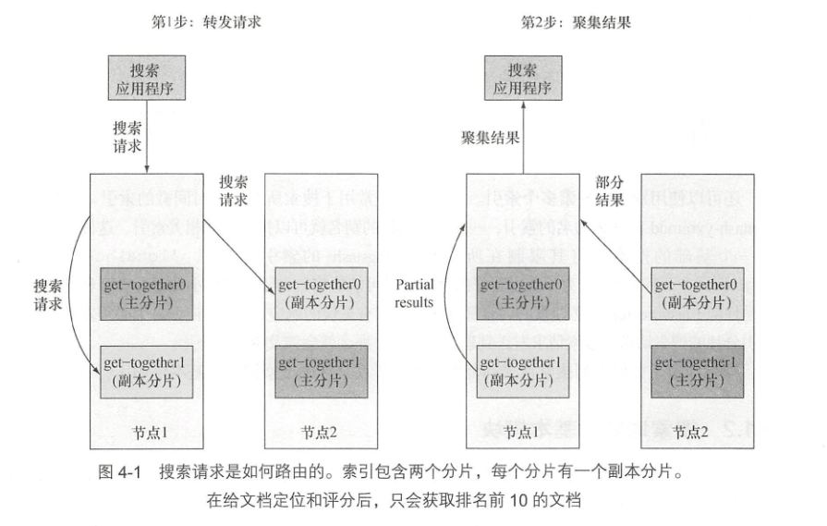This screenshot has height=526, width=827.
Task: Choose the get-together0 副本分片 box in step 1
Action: tap(317, 294)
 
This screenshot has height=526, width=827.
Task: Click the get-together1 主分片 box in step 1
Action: tap(317, 370)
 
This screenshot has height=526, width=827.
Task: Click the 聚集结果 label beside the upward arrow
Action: tap(490, 137)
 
